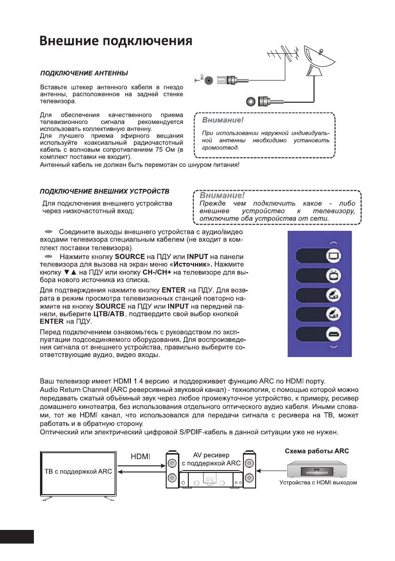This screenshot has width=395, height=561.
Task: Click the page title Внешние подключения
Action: tap(115, 41)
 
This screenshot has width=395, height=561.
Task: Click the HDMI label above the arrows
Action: tap(139, 456)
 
